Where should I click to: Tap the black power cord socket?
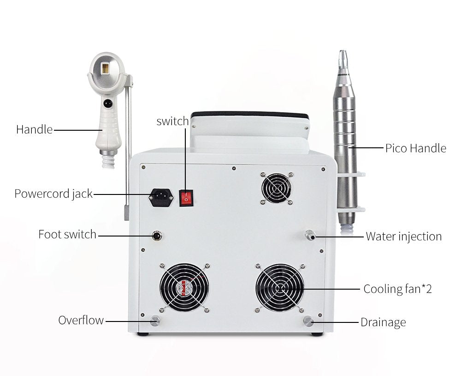161,198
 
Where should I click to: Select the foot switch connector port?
158,236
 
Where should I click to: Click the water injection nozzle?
309,235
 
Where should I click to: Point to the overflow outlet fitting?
155,321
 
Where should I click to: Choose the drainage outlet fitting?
307,321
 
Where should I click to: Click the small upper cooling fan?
276,188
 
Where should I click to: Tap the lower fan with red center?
184,288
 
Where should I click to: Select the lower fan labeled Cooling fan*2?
280,288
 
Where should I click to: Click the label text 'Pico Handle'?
415,148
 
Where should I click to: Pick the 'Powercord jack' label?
53,194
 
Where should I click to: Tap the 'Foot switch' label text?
67,234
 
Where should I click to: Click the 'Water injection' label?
403,237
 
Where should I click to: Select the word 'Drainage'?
383,322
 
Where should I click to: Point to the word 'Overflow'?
81,320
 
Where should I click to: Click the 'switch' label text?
172,121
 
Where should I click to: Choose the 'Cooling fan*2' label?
397,289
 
